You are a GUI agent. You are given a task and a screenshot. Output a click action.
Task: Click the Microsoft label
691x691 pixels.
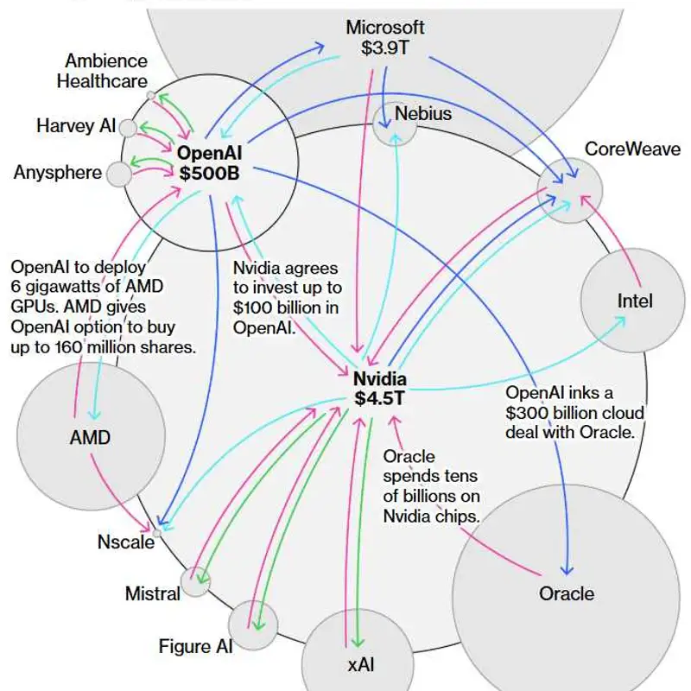tap(384, 28)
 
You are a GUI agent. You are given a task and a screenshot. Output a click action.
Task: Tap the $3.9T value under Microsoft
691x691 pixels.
tap(384, 48)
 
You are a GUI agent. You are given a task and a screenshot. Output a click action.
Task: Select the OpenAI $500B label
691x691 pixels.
tap(209, 163)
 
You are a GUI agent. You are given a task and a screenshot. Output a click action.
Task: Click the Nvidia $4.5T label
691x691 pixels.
tap(379, 388)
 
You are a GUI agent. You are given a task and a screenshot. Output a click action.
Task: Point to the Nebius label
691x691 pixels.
tap(423, 113)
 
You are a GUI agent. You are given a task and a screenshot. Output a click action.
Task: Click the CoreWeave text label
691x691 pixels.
tap(632, 149)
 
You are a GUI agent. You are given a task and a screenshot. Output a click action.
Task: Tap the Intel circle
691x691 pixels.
tap(633, 301)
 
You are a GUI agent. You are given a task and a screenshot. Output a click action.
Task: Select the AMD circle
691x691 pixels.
tap(91, 436)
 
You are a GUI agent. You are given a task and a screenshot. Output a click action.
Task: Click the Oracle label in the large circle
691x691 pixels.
tap(567, 593)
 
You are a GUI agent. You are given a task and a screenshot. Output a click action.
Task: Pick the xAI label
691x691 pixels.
tap(361, 665)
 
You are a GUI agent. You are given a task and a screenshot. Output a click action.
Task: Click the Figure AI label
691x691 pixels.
tap(195, 646)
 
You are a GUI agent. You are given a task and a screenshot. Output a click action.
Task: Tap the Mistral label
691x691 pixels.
tap(153, 593)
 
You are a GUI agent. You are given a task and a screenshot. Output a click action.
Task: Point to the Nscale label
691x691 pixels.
tap(126, 542)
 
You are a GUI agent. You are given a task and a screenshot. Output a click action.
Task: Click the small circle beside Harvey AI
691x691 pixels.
tap(128, 128)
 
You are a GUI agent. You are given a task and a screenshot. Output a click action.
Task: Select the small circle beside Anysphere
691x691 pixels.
tap(119, 174)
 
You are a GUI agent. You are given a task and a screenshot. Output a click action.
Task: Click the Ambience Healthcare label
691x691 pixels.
tap(102, 71)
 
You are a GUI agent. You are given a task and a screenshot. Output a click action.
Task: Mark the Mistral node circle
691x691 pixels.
tap(195, 581)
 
